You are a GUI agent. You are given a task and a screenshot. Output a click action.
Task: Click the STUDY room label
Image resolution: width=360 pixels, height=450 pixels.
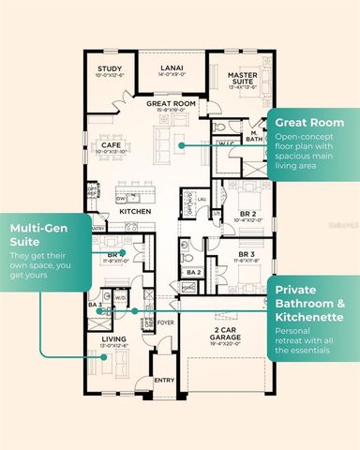coord(111,68)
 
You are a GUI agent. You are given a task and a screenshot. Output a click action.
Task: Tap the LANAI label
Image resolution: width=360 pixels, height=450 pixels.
coord(171,68)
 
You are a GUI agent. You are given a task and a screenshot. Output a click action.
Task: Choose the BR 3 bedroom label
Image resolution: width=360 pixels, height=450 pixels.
coord(247,255)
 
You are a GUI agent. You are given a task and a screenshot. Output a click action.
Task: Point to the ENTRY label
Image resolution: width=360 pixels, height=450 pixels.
coord(164,381)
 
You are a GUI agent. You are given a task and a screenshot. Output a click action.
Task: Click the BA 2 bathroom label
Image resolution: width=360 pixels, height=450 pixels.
coord(192,272)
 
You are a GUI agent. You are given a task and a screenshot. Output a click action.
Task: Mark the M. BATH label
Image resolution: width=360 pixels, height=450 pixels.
coord(254,137)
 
